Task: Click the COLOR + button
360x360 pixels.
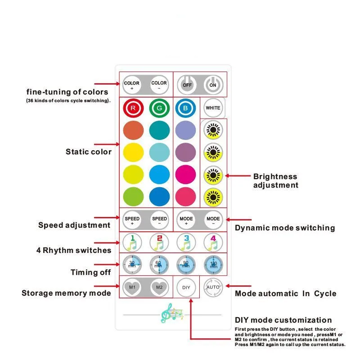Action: point(132,85)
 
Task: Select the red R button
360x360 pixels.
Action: point(133,108)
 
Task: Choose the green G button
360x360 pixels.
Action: point(159,108)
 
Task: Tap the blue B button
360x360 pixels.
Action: point(185,108)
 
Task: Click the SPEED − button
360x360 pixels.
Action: point(159,220)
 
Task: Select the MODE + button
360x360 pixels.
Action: point(186,220)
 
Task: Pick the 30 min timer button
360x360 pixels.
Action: point(132,264)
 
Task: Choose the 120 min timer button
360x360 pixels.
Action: point(213,264)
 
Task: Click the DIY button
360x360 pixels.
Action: point(186,287)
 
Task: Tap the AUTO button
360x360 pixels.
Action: point(213,287)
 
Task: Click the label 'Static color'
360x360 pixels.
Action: point(89,152)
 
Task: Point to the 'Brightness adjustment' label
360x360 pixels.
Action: point(275,181)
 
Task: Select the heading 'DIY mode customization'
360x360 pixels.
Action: point(283,320)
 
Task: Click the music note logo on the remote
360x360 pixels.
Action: point(172,313)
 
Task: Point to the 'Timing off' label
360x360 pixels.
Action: point(90,272)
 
